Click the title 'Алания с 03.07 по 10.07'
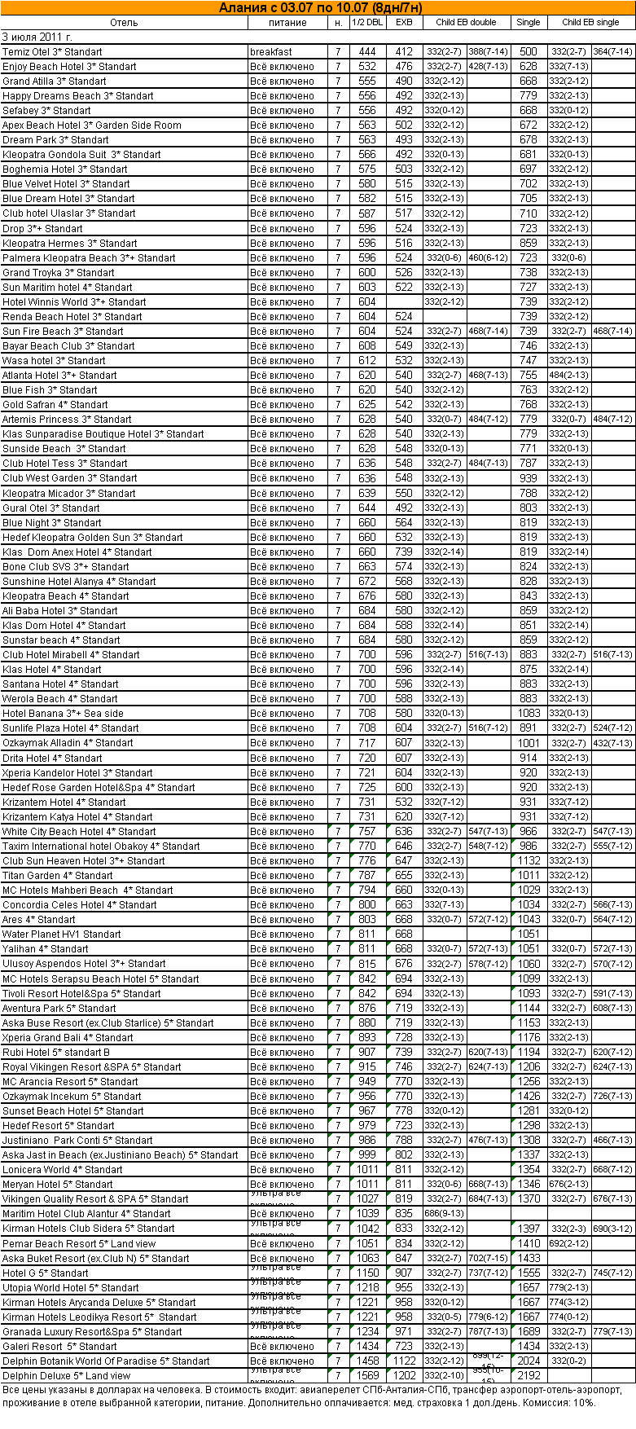point(320,8)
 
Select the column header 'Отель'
point(124,23)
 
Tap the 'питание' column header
point(287,23)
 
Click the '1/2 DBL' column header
point(366,23)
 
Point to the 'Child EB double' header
point(466,23)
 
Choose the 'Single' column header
point(529,23)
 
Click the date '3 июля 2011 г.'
point(37,37)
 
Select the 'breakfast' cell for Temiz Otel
point(271,52)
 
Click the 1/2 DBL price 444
point(367,52)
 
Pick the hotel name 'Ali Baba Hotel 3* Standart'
point(60,611)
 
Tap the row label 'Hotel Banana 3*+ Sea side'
point(64,714)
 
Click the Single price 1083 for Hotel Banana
point(529,714)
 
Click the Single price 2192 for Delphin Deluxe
point(529,1376)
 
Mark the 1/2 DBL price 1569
point(367,1376)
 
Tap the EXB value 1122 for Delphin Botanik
point(404,1361)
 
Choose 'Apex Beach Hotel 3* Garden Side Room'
point(92,125)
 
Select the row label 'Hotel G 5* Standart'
point(46,1273)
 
